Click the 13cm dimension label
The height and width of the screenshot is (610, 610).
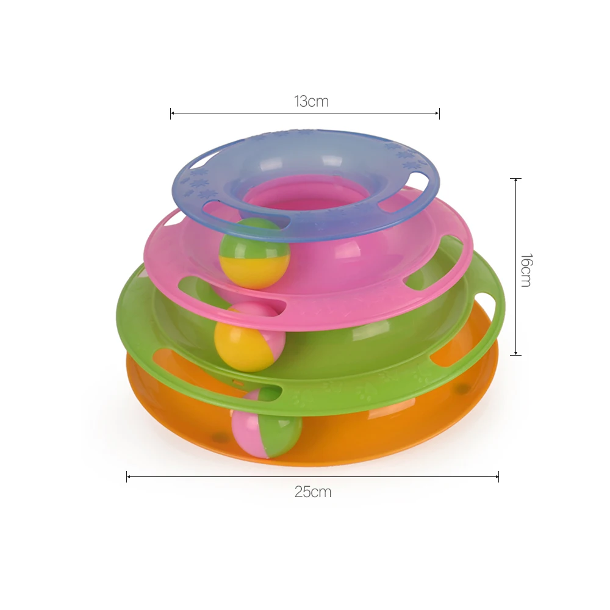pos(311,101)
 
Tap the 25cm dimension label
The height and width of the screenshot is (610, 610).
pos(313,492)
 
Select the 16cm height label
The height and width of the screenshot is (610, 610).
pos(526,270)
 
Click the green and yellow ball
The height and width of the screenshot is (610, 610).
pos(255,253)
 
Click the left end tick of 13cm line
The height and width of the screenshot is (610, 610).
pos(170,113)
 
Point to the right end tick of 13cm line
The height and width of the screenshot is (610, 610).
pos(439,113)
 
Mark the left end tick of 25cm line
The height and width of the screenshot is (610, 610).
pos(127,476)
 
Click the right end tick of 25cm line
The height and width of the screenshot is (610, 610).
pos(498,476)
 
